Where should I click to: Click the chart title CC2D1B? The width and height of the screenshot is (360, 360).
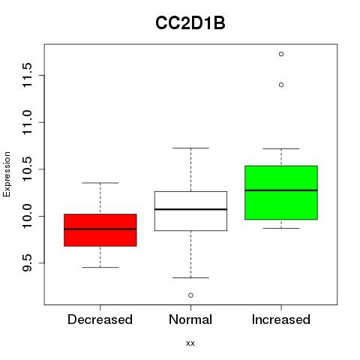(190, 23)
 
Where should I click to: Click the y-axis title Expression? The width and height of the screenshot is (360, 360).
(7, 174)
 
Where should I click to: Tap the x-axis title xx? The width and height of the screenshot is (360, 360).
(190, 343)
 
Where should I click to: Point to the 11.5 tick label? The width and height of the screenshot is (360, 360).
(27, 75)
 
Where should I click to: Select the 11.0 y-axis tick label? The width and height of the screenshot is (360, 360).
(27, 122)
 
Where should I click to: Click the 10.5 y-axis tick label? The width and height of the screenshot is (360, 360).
(27, 169)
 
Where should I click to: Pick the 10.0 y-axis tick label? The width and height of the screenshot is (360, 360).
(27, 216)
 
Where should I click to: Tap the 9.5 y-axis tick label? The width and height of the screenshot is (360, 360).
(27, 263)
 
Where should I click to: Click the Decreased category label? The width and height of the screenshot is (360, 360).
(100, 319)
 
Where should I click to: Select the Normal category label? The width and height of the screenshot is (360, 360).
(190, 319)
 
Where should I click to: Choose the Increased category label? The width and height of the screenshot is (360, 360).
(281, 319)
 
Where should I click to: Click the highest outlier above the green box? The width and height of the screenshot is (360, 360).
(281, 54)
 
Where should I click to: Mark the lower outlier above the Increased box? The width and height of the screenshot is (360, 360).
(281, 85)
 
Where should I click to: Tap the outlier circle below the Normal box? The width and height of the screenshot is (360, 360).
(190, 295)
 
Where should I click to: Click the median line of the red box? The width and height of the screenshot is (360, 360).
(100, 229)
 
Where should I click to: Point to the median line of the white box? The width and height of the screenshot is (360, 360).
(190, 209)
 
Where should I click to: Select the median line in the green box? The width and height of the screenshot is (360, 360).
(281, 190)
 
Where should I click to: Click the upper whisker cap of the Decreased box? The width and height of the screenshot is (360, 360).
(100, 183)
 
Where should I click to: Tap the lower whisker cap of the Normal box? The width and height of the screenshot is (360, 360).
(190, 277)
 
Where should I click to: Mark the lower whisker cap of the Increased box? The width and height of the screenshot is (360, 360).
(281, 228)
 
